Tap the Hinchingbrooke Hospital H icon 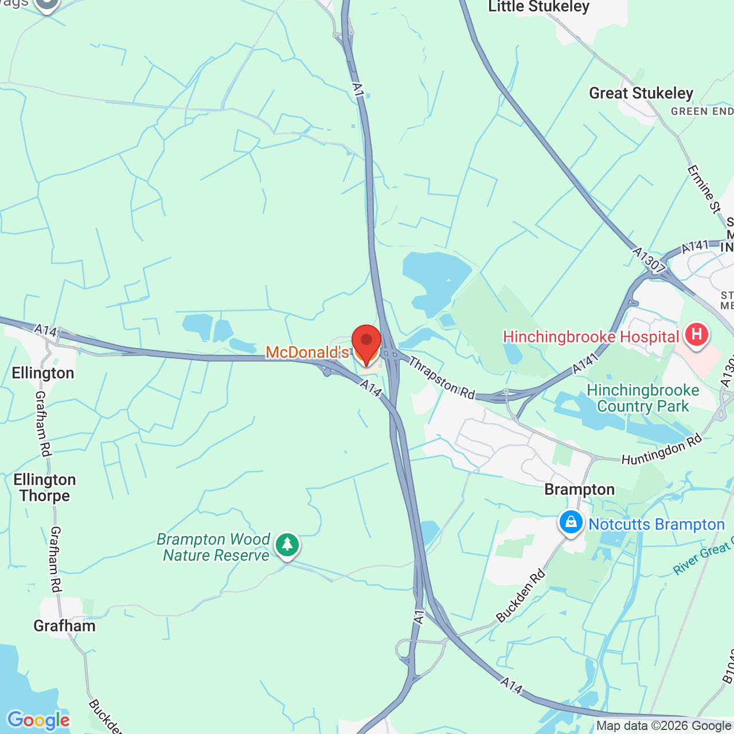pos(696,334)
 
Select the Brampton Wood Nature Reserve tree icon pos(287,545)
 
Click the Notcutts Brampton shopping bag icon pos(571,523)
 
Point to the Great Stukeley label pos(641,93)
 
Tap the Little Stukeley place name pos(538,7)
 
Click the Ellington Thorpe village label pos(45,487)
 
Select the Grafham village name pos(64,626)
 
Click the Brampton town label pos(579,489)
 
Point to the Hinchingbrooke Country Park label pos(643,398)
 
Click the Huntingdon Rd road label pos(662,450)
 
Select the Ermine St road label pos(704,189)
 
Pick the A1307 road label pos(649,260)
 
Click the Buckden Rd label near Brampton pos(521,596)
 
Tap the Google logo pos(38,720)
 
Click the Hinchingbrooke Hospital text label pos(591,337)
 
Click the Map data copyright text pos(663,726)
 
